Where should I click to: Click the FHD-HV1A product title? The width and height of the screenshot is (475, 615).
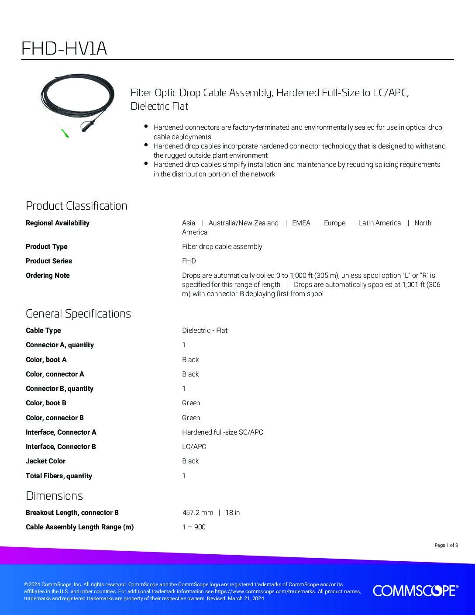tap(64, 48)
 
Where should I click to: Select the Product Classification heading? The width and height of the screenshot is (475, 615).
tap(76, 206)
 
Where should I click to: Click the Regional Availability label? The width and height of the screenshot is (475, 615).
tap(58, 223)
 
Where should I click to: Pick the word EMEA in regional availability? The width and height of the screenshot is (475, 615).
tap(301, 223)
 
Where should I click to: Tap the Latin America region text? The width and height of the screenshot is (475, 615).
tap(379, 223)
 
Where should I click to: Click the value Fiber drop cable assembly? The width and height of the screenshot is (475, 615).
tap(222, 246)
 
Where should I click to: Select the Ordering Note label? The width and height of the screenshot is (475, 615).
tap(48, 275)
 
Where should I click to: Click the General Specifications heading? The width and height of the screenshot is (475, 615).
tap(78, 314)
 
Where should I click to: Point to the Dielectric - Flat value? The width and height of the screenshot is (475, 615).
tap(205, 330)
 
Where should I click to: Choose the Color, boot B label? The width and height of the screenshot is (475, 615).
tap(46, 403)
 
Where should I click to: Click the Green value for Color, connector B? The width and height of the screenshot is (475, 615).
tap(191, 418)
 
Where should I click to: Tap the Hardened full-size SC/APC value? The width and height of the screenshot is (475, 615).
tap(223, 432)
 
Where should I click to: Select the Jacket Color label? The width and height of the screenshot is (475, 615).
tap(45, 461)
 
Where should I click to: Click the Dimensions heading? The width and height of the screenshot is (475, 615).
tap(54, 496)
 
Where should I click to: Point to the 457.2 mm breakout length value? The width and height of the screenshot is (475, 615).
tap(198, 512)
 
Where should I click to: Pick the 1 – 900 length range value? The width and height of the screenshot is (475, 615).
tap(194, 527)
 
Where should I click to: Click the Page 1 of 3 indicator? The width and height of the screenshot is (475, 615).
tap(446, 545)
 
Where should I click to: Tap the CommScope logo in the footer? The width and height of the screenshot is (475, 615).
tap(415, 591)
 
